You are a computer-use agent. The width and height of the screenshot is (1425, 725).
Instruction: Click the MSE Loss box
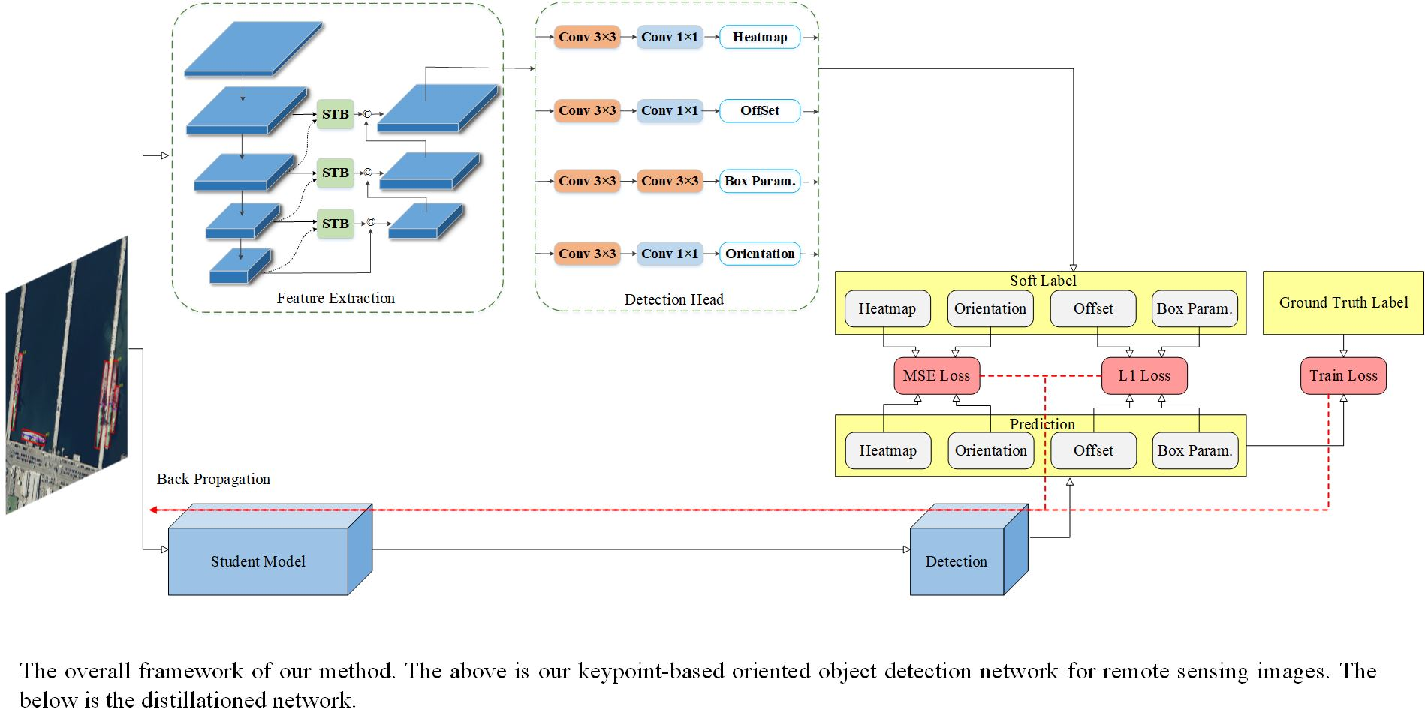936,375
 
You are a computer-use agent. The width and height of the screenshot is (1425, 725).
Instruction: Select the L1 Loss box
1143,375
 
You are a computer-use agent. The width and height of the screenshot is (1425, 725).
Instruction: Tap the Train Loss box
1342,375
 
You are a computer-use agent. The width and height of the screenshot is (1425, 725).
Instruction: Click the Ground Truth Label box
1342,302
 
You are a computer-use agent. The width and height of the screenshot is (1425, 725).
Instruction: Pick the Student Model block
258,561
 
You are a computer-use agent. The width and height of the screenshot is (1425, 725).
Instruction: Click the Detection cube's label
956,561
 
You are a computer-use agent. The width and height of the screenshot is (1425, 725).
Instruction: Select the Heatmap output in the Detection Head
759,37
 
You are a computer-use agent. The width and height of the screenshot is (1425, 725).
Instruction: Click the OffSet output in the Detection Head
759,110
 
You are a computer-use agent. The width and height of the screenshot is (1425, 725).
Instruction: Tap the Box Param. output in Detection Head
759,181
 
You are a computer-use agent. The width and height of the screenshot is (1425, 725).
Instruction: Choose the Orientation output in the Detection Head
759,254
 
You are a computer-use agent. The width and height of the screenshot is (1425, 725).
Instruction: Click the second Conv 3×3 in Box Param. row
669,181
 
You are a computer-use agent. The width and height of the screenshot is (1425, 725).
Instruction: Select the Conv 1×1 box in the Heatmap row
669,37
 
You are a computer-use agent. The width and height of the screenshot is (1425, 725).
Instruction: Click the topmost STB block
335,114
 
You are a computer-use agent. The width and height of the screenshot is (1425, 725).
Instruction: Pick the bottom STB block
335,224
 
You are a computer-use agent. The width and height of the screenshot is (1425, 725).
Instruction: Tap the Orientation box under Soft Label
990,308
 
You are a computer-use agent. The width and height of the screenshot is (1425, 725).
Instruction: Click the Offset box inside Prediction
1093,450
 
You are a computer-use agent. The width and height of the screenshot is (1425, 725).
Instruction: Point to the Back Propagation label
213,479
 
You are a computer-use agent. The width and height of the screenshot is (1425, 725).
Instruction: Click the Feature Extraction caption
335,298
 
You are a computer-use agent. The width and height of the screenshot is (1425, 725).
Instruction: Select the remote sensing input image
66,375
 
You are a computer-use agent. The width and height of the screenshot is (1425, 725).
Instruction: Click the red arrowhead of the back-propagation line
152,510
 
